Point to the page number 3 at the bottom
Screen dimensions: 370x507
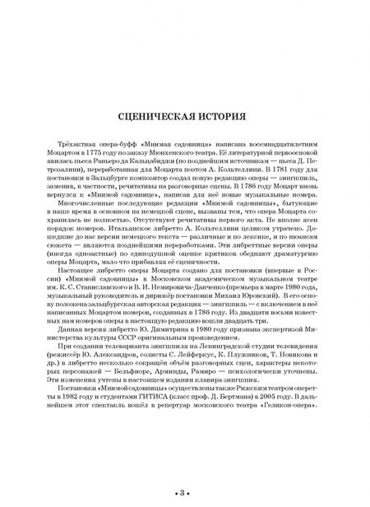(x=185, y=492)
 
